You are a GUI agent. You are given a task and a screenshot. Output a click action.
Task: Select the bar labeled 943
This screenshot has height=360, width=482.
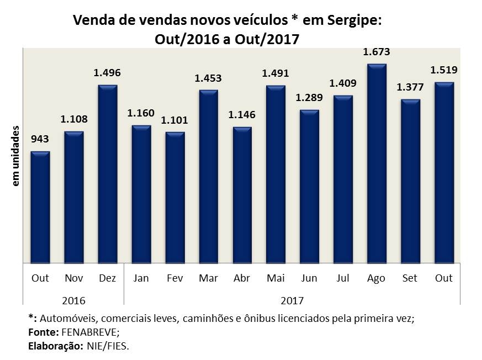coord(40,207)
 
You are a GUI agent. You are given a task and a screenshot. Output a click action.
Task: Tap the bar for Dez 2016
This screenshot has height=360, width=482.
coord(108,174)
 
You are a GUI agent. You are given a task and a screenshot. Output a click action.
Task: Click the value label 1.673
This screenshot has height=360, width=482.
coord(377,52)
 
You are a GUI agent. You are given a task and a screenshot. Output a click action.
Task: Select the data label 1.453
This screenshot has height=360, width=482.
coord(208,78)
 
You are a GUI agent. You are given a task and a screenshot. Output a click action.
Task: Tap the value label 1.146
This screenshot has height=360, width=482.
coord(242,116)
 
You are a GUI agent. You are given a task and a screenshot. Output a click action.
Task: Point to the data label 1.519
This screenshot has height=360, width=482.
coord(444,71)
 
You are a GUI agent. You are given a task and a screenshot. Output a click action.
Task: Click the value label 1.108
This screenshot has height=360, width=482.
coord(74,120)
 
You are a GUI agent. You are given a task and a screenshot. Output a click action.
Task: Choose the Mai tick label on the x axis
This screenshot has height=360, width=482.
coord(276,278)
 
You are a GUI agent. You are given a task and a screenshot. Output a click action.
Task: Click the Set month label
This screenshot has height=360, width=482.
coord(410,278)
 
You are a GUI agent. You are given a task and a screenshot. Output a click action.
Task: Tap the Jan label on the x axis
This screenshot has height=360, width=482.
coord(141,278)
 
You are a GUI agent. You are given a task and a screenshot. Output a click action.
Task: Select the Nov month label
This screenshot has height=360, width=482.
coord(73,278)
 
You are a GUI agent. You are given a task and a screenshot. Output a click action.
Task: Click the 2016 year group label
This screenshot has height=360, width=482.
coord(73,301)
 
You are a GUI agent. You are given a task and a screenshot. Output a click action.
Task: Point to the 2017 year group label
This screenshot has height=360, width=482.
coord(292,301)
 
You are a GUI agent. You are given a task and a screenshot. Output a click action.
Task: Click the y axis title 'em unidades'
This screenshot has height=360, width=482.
coord(16,155)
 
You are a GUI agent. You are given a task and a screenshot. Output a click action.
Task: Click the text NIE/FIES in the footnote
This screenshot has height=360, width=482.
coord(110,346)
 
